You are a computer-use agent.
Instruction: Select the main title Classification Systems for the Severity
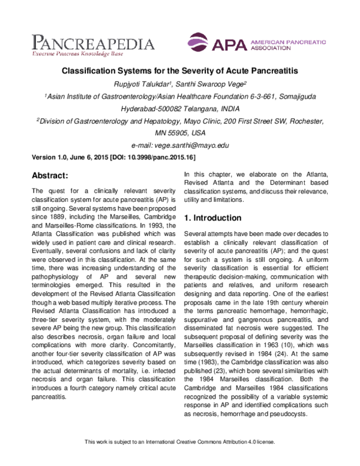pyautogui.click(x=181, y=71)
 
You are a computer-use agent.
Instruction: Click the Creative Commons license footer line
pyautogui.click(x=180, y=458)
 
